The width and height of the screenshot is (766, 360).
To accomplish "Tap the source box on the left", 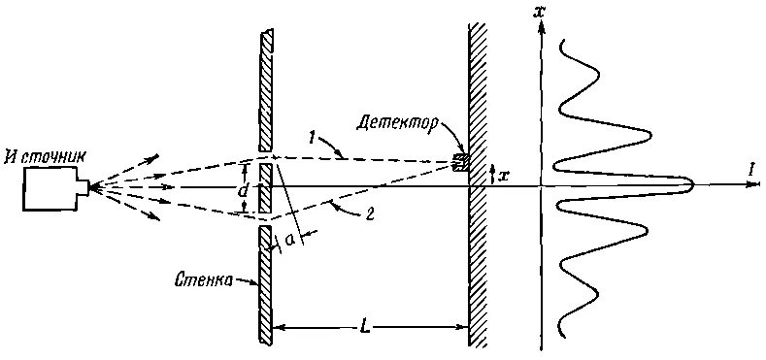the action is pyautogui.click(x=50, y=188).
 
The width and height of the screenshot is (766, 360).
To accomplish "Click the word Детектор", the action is pyautogui.click(x=390, y=123).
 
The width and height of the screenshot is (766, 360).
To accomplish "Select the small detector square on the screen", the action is pyautogui.click(x=461, y=163).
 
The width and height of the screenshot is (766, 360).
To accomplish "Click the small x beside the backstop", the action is pyautogui.click(x=504, y=175).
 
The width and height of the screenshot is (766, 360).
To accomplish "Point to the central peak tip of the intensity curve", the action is pyautogui.click(x=693, y=185).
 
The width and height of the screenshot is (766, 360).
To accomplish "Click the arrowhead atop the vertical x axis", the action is pyautogui.click(x=541, y=27).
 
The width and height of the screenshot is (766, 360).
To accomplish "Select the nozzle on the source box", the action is pyautogui.click(x=83, y=188).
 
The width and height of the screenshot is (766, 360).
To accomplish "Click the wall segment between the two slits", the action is pyautogui.click(x=264, y=188).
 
